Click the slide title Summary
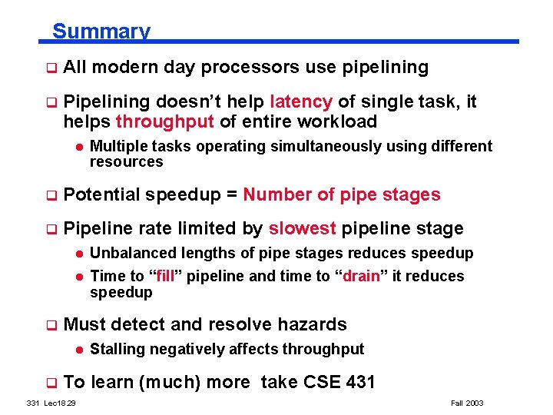click(x=101, y=32)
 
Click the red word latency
click(x=301, y=102)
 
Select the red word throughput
click(x=165, y=122)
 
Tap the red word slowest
click(x=302, y=229)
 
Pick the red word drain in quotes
click(x=361, y=276)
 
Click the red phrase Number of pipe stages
click(x=342, y=195)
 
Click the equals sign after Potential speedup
click(x=231, y=195)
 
